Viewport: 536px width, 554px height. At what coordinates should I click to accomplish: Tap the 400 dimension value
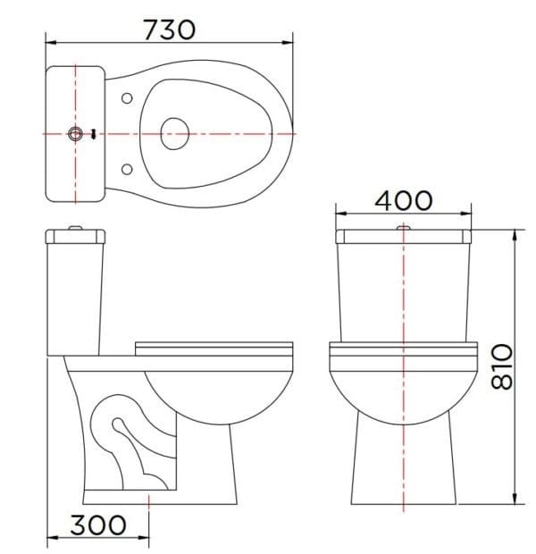pos(403,200)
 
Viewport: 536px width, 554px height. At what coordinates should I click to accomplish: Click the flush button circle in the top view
pos(77,134)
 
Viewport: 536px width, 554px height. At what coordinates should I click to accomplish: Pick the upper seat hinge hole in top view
pos(126,97)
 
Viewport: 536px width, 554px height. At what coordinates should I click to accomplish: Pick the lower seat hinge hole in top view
pos(126,168)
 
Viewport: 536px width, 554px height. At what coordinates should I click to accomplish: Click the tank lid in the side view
pos(76,236)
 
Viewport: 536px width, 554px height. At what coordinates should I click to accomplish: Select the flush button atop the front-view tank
pos(404,230)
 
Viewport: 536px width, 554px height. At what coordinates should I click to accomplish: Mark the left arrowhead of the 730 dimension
pos(48,41)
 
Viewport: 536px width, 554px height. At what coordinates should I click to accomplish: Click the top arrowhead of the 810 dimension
pos(515,233)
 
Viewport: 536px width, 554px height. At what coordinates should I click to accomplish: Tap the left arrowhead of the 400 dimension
pos(339,214)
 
